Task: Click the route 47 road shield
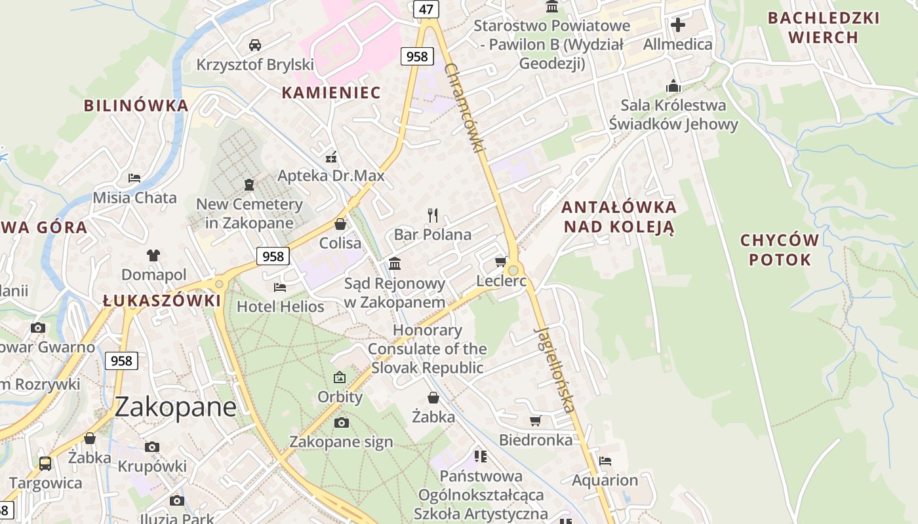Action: click(426, 9)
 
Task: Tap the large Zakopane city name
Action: click(175, 407)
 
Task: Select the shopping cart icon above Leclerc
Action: click(501, 262)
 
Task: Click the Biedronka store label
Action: click(536, 440)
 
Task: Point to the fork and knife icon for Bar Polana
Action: click(432, 215)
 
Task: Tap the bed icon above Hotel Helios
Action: click(280, 287)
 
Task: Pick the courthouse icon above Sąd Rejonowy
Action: click(395, 263)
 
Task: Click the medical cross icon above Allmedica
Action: click(677, 26)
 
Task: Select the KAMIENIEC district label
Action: click(331, 93)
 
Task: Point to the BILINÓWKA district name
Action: click(136, 105)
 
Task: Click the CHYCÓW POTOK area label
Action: click(780, 250)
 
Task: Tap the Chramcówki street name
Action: click(464, 109)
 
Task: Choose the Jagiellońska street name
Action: click(554, 368)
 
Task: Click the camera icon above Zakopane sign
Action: click(341, 422)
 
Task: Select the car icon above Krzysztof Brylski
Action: click(255, 45)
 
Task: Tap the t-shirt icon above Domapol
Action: click(153, 255)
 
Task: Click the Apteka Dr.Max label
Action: click(331, 176)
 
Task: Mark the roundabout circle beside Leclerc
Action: click(513, 270)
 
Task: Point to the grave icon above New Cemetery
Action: click(249, 185)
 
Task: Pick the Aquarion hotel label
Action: click(605, 480)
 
